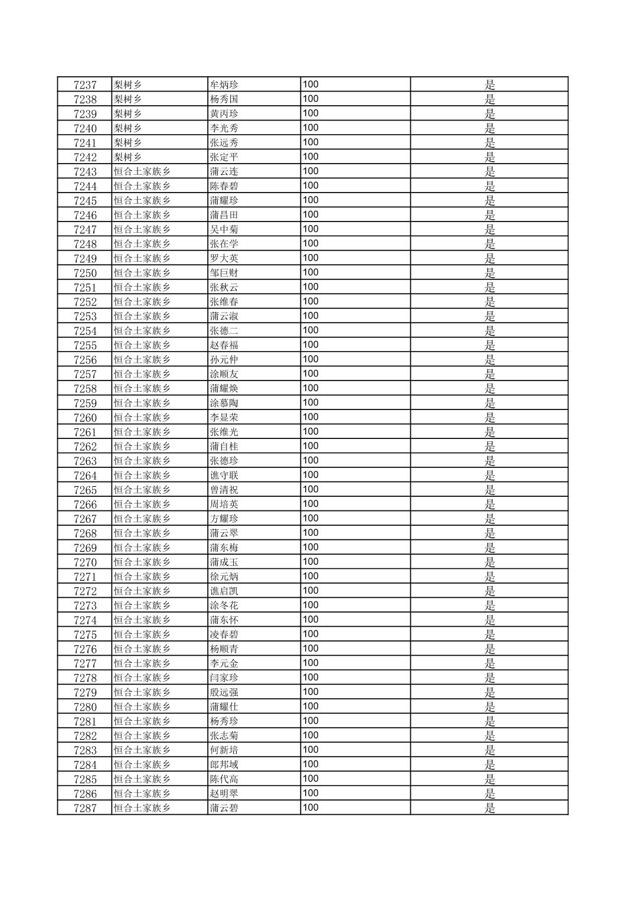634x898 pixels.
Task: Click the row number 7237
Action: pos(85,85)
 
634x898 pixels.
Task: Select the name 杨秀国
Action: pos(224,99)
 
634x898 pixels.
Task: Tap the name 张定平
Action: pos(224,157)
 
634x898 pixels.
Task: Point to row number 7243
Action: pos(85,172)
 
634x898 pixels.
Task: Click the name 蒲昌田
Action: pos(224,215)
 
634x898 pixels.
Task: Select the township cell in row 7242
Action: pos(128,157)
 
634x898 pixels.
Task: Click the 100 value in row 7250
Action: pos(311,272)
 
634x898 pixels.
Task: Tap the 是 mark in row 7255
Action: pos(490,346)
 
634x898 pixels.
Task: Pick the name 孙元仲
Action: pos(224,360)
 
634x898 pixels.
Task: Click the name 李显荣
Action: pos(224,418)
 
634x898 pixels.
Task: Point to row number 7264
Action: pos(85,476)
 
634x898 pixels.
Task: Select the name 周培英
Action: pos(224,505)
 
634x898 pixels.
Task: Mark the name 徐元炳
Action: pos(224,577)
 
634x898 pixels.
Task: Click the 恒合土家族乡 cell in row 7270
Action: pos(142,562)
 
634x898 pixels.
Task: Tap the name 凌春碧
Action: pos(224,635)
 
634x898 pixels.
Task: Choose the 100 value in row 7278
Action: pos(311,678)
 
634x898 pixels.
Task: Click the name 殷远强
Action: pos(224,692)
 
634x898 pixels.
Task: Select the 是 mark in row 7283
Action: pos(490,750)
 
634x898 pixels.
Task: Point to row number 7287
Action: pos(85,808)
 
